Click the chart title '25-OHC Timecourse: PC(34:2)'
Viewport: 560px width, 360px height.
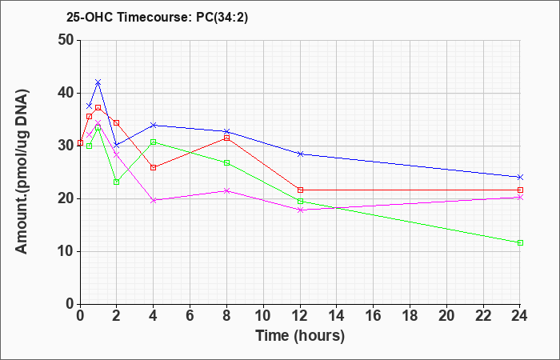point(157,18)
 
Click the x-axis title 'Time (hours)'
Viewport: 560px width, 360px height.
point(300,336)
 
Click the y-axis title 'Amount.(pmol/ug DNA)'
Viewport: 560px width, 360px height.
point(22,172)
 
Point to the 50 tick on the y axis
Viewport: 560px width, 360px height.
point(68,40)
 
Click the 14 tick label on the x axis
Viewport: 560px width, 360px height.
point(337,316)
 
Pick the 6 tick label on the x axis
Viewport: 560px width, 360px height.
point(190,316)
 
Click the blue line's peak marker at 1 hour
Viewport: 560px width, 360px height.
point(98,82)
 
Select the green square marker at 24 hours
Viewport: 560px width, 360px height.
point(520,243)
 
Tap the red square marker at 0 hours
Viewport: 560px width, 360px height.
point(80,143)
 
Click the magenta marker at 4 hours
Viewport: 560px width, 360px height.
point(154,200)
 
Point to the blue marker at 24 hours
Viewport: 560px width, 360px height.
point(520,177)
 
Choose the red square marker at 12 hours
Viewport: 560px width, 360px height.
point(300,190)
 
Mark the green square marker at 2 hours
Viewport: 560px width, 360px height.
point(117,182)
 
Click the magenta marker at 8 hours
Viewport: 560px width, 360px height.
point(226,191)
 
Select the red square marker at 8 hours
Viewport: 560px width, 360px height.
point(226,138)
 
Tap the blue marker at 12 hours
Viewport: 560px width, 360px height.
point(300,154)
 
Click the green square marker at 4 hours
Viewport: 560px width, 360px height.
point(154,142)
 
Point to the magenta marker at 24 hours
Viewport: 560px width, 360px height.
point(520,197)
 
